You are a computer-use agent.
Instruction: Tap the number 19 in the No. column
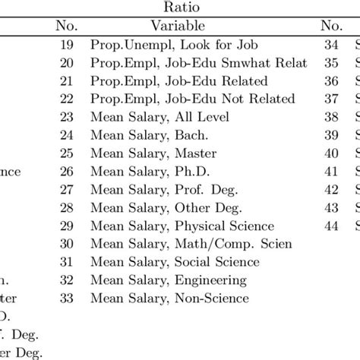pos(67,46)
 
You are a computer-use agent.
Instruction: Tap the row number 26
pos(67,172)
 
